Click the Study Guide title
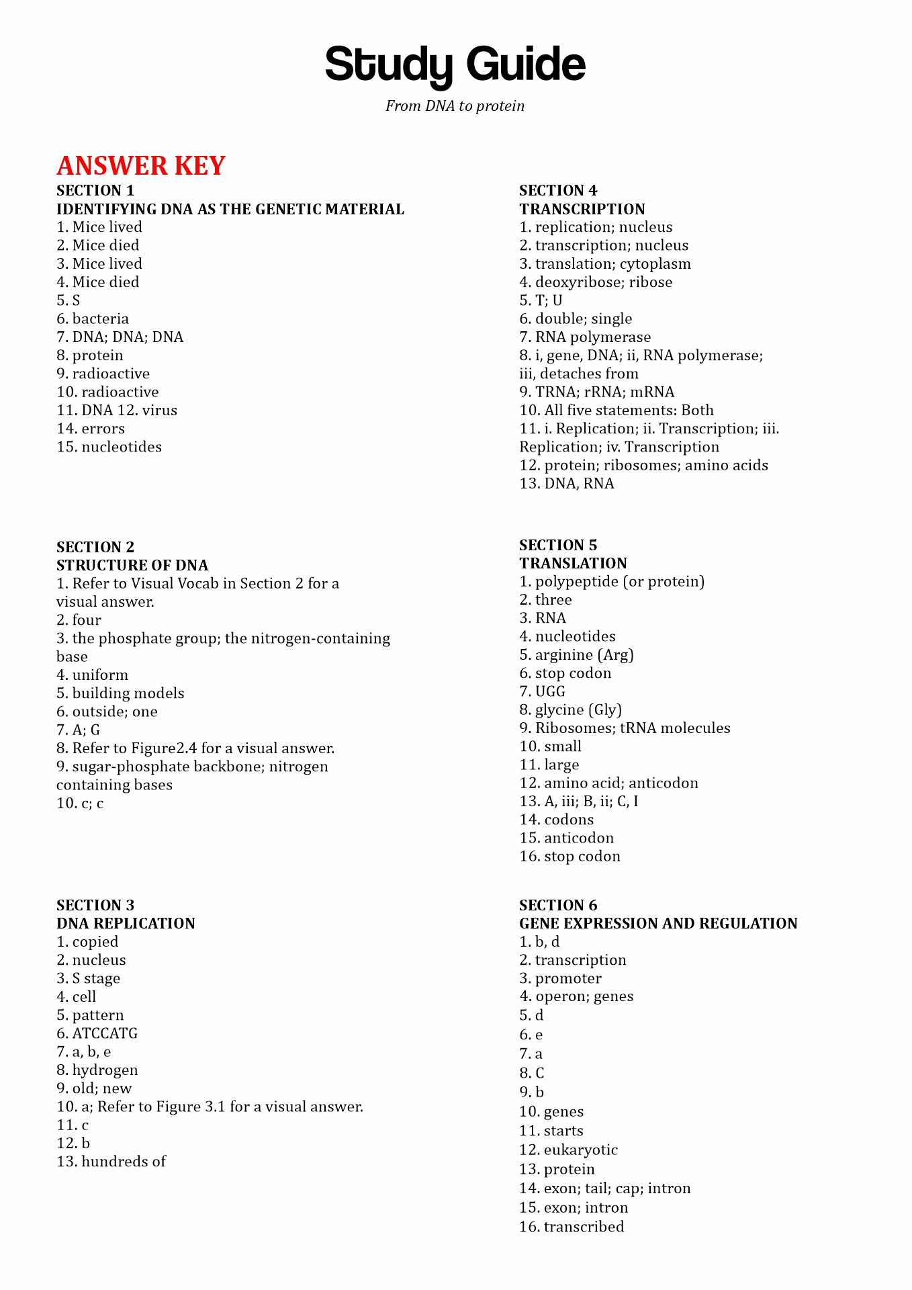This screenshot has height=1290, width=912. click(455, 65)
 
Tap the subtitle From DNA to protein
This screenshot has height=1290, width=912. click(455, 106)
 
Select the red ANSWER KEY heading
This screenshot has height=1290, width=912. click(141, 166)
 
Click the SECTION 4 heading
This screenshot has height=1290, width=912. click(558, 191)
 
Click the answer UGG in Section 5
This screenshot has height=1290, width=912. click(550, 691)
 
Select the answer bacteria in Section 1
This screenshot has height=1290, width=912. click(100, 318)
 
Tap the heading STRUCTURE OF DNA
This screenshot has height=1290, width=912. click(132, 565)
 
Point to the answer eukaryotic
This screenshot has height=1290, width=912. click(580, 1150)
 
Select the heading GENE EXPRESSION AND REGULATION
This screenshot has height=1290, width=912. click(658, 923)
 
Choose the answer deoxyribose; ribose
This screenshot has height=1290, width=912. click(604, 282)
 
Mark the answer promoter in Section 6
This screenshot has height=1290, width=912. click(568, 978)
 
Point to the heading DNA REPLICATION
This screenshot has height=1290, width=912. click(126, 923)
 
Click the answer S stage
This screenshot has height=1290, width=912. click(96, 978)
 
